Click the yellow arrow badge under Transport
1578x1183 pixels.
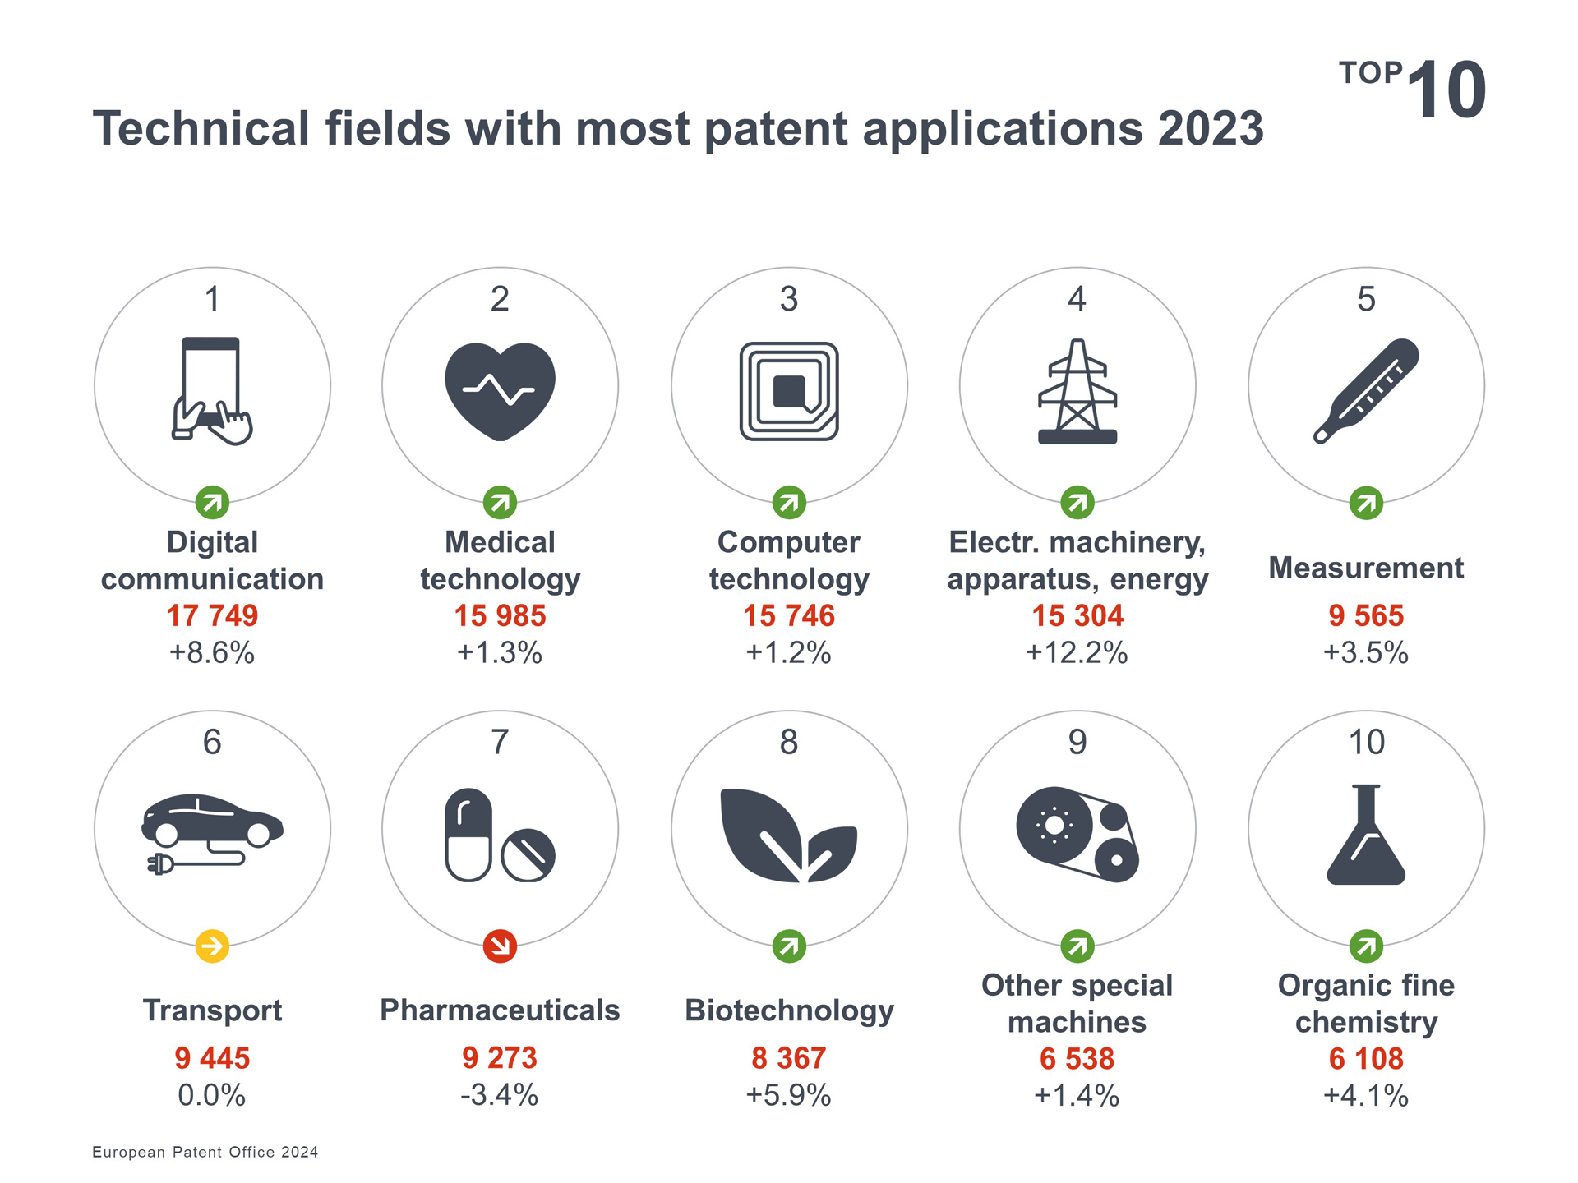coord(212,946)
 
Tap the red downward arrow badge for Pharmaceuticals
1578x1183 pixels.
coord(500,946)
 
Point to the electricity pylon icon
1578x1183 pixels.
coord(1077,393)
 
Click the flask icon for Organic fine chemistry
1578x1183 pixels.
coord(1366,835)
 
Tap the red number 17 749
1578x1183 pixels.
coord(212,615)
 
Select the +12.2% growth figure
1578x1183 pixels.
coord(1077,653)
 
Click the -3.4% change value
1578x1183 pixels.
coord(500,1096)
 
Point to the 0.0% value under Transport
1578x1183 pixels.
coord(212,1096)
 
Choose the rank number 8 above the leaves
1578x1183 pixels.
coord(789,742)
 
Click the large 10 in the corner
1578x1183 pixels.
coord(1446,90)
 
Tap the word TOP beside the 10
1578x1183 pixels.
coord(1370,73)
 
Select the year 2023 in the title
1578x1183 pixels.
coord(1210,129)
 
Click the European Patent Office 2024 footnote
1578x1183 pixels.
coord(205,1152)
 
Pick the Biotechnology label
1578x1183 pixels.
coord(789,1010)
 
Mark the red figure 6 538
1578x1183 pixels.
coord(1077,1059)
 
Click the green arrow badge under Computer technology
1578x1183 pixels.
coord(789,503)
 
